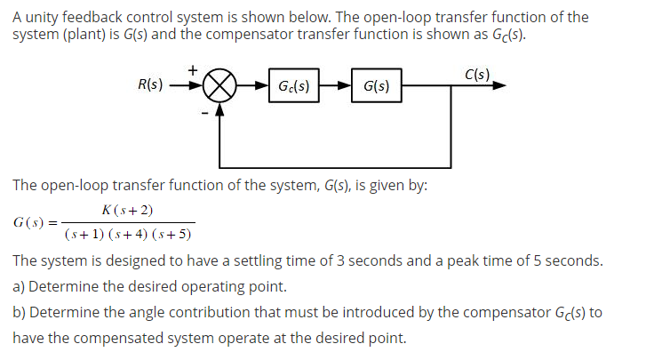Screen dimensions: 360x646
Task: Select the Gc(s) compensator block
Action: pyautogui.click(x=293, y=87)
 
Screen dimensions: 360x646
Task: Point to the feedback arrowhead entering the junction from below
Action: pyautogui.click(x=218, y=112)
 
